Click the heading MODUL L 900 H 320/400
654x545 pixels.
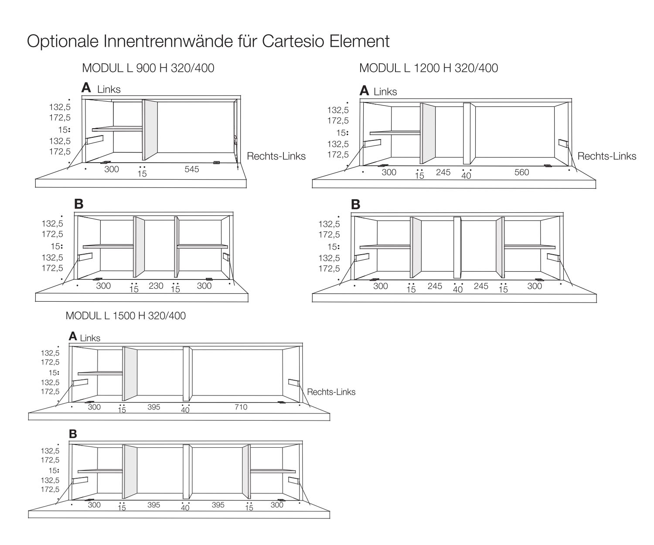(x=148, y=68)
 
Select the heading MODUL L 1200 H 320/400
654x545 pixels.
(x=428, y=68)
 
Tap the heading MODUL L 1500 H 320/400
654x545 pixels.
(x=126, y=315)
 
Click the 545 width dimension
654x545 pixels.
(x=191, y=169)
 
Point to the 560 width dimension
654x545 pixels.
(x=521, y=172)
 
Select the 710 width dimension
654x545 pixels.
(x=241, y=407)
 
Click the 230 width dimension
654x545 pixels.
(x=156, y=286)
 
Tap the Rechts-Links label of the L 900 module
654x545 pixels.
(x=276, y=156)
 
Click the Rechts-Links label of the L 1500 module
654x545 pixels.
(x=331, y=392)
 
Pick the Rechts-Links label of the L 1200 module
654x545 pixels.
(x=606, y=156)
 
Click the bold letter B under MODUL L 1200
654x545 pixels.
(x=356, y=204)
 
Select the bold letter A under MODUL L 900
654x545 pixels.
(x=86, y=88)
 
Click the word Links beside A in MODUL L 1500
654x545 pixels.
(x=90, y=338)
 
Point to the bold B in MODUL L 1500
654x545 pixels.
(x=73, y=434)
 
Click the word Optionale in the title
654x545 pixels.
(x=63, y=41)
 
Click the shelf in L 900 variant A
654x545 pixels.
(x=117, y=129)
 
